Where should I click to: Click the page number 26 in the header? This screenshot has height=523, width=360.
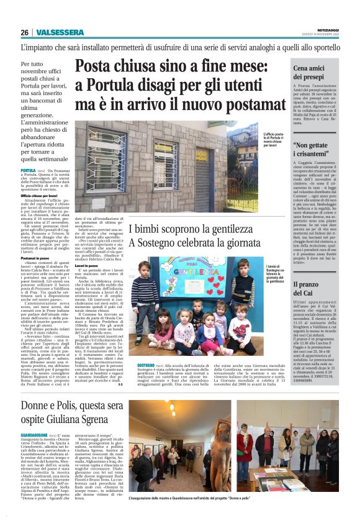[24, 33]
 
